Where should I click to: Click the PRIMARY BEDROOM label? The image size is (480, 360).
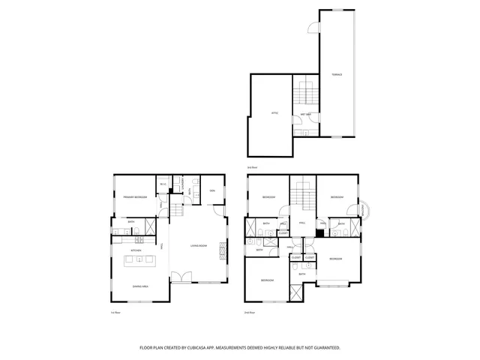(135, 197)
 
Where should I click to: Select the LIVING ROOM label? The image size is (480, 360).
(198, 245)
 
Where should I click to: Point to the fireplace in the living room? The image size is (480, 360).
(221, 250)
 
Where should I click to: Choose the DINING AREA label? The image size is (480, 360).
(139, 286)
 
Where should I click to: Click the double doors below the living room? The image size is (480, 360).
(178, 278)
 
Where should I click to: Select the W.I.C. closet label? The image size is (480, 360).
(163, 184)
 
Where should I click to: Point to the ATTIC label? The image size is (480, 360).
(274, 113)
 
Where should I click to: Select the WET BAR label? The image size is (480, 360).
(306, 114)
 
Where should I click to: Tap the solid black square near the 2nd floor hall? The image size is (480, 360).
(319, 233)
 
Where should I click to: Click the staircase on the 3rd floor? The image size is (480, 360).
(304, 93)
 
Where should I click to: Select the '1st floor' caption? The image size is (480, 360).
(115, 312)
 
